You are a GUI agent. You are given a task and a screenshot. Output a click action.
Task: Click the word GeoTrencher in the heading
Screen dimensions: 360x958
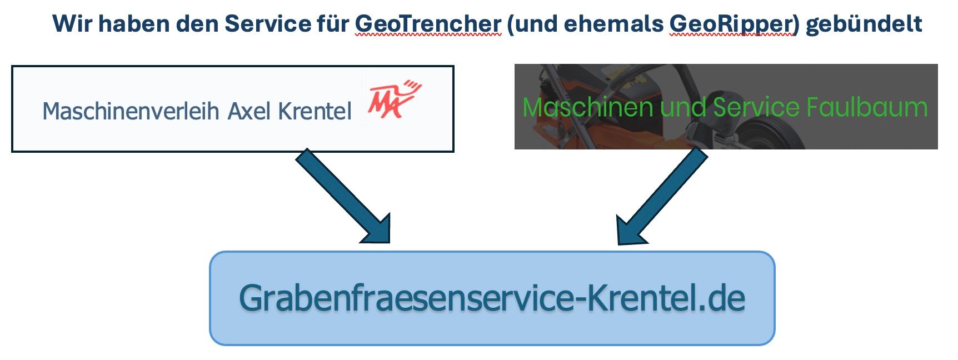tap(428, 24)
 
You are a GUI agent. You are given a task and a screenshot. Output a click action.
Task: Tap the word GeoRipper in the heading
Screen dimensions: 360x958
tap(732, 24)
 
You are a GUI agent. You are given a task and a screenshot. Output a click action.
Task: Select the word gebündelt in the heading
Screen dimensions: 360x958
tap(864, 24)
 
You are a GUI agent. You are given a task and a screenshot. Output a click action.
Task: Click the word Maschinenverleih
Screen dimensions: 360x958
tap(131, 111)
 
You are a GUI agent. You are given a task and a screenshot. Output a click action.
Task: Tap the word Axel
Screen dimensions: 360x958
tap(249, 111)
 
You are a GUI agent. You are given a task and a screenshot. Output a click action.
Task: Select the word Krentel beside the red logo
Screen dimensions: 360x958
tap(315, 111)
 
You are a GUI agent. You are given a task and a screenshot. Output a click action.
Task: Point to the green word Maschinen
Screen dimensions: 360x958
tap(587, 107)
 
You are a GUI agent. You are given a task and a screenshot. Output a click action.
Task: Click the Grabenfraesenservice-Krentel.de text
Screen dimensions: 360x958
tap(492, 298)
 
